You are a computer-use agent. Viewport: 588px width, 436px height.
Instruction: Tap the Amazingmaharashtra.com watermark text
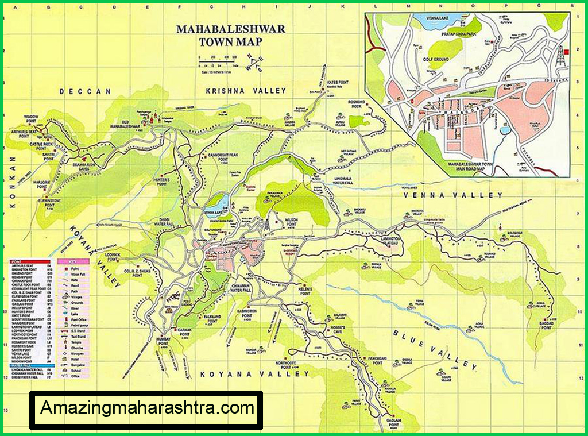pos(147,408)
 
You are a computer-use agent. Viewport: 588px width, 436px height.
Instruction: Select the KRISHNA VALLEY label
pos(246,91)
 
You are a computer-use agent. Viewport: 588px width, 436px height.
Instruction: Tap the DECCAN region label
pos(86,91)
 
